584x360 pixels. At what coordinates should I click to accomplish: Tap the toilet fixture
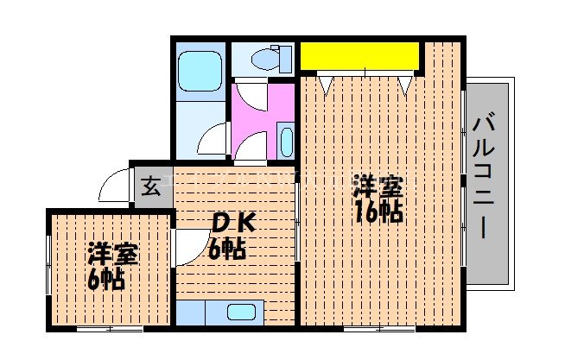click(x=264, y=59)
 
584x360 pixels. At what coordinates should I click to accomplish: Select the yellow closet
click(x=359, y=56)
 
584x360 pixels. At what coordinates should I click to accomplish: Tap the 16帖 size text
click(x=378, y=212)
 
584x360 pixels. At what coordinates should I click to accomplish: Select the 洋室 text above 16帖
click(x=378, y=186)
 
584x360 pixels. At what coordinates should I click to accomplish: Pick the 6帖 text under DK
click(x=226, y=250)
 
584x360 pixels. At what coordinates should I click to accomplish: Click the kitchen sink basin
click(x=242, y=313)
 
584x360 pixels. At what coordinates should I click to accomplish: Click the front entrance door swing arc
click(x=114, y=184)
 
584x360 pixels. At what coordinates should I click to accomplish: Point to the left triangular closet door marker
click(x=325, y=85)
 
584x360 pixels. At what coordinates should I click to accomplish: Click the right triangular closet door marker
click(x=405, y=85)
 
